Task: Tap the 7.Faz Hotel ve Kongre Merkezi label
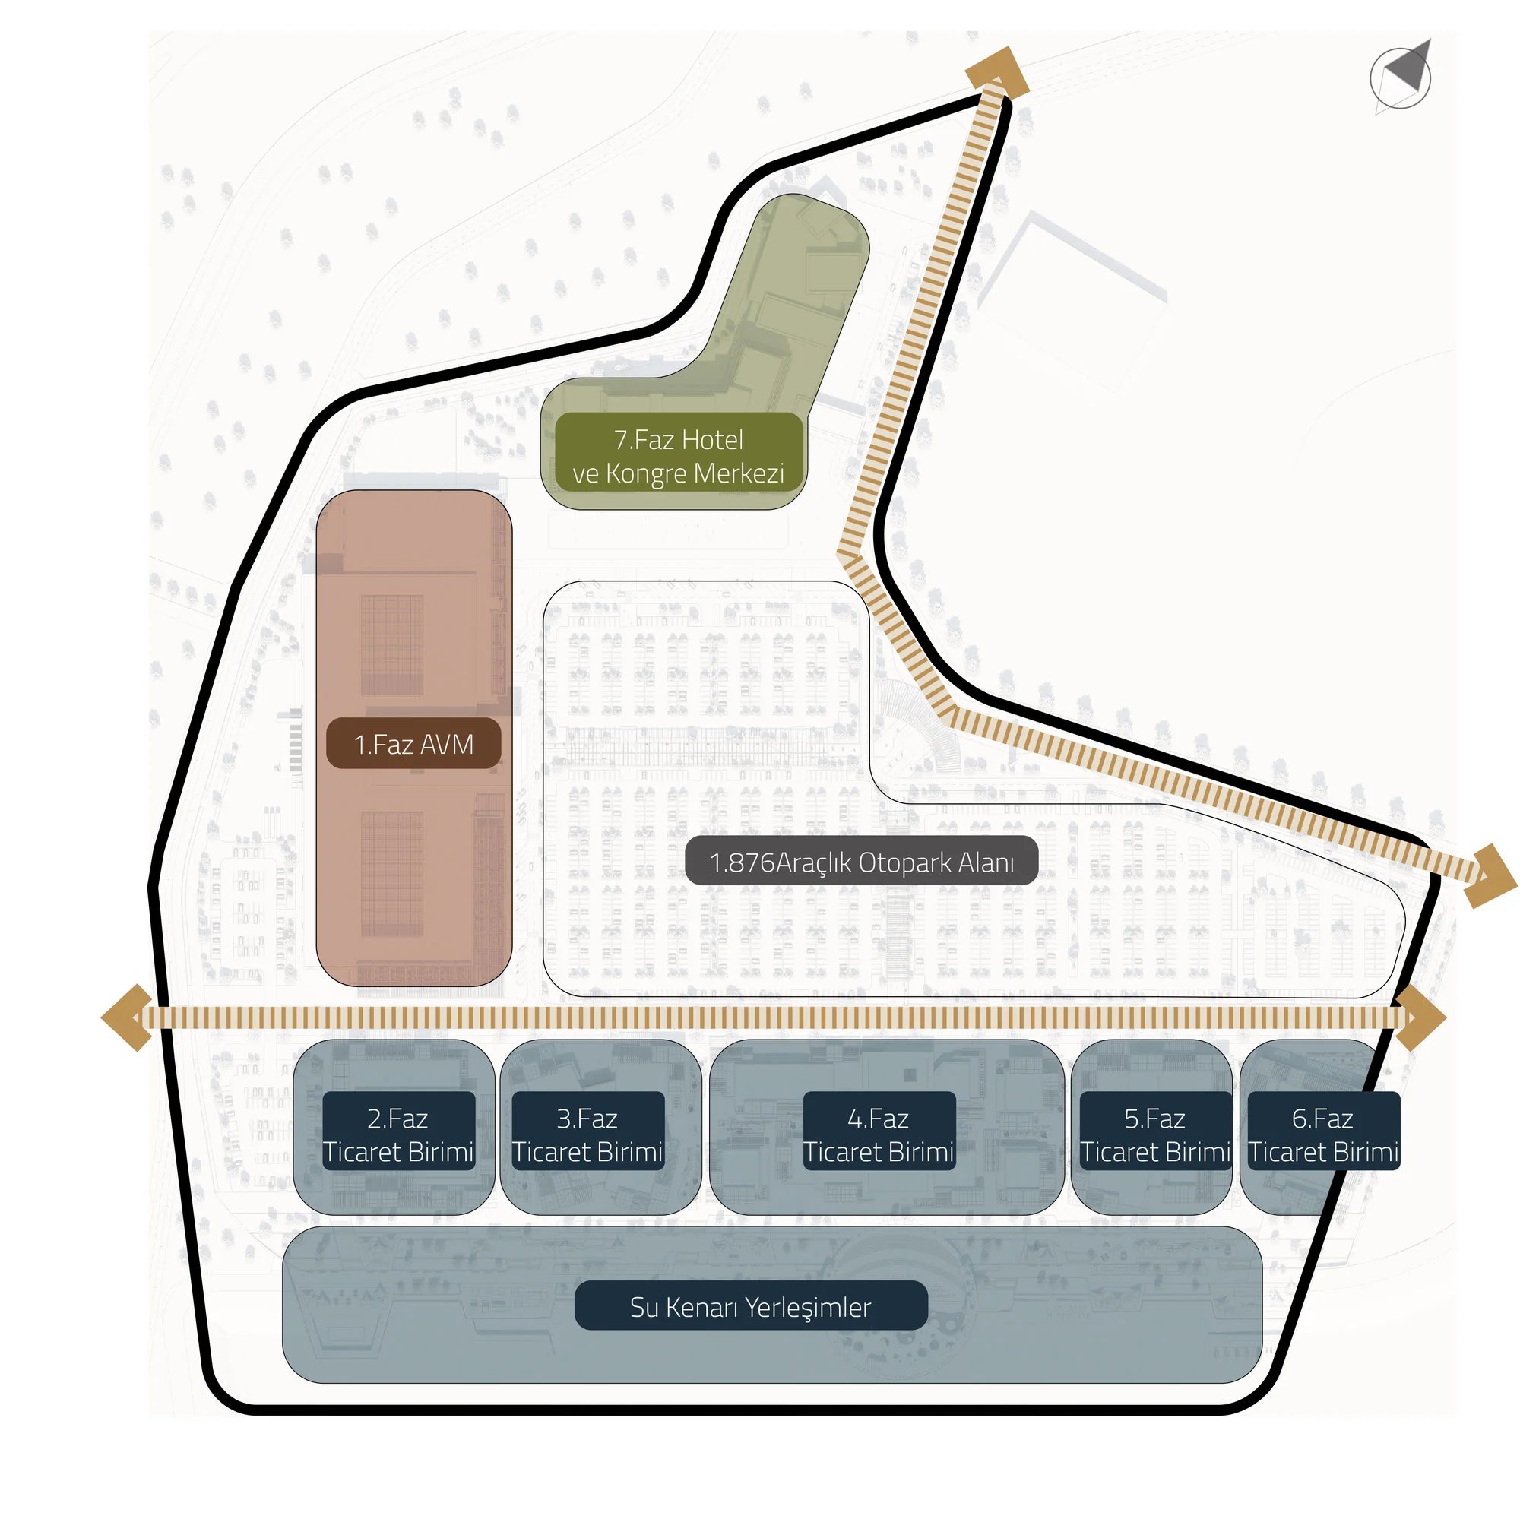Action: point(679,456)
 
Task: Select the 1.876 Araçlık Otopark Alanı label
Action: point(861,862)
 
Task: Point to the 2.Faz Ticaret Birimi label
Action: point(398,1135)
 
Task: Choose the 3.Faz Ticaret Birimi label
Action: point(587,1135)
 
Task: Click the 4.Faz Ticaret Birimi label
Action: point(879,1135)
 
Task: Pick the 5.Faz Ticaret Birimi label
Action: point(1154,1135)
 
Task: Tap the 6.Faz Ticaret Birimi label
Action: point(1322,1135)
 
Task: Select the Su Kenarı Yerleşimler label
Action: point(751,1307)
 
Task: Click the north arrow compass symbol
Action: point(1401,77)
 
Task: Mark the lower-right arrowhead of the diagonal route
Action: point(1490,875)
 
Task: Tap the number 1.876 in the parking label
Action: point(741,862)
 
